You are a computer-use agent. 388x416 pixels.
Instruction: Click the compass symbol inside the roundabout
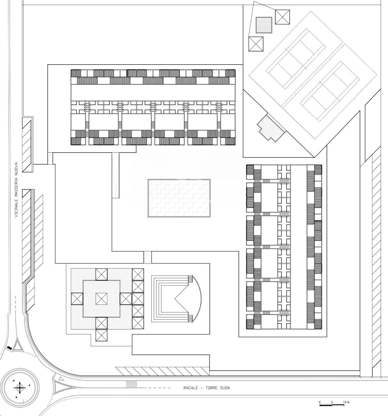coord(20,387)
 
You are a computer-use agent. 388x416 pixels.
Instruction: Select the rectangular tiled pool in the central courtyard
coord(179,198)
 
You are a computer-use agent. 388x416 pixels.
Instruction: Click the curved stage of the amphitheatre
coord(197,298)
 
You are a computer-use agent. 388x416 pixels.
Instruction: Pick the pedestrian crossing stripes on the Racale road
coord(131,384)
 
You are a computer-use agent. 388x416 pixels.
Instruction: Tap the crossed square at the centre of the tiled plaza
coord(101,299)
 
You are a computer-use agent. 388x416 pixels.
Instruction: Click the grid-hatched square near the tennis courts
coord(264,25)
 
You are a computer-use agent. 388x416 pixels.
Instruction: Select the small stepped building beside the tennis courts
coord(271,128)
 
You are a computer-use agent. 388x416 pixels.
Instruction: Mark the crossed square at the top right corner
coord(282,17)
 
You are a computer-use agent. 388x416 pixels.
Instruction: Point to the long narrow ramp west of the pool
coord(115,175)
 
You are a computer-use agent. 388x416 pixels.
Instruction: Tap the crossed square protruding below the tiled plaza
coord(101,335)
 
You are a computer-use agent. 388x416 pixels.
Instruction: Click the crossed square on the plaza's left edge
coord(77,299)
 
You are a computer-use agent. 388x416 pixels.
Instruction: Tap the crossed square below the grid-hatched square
coord(256,44)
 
